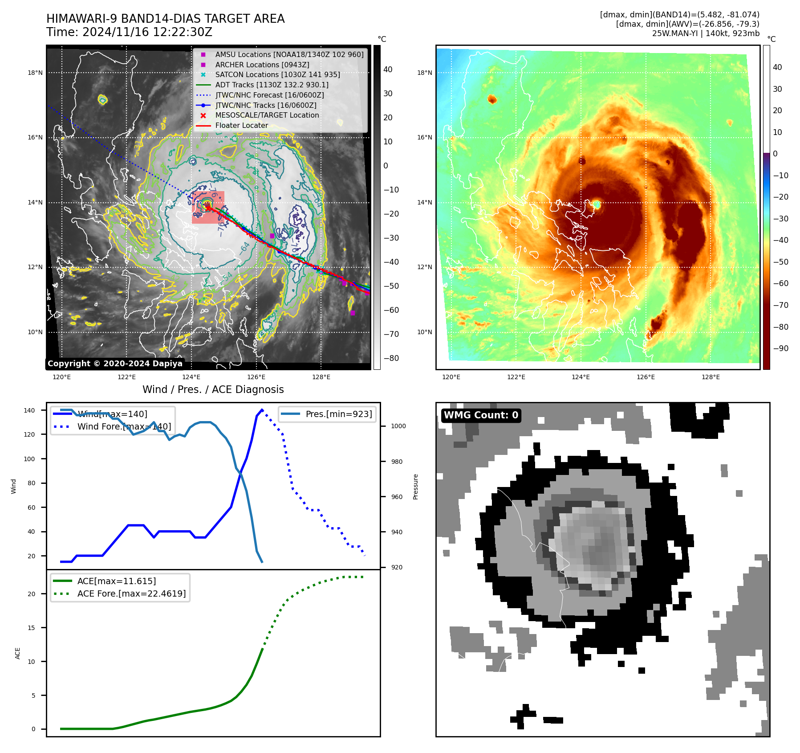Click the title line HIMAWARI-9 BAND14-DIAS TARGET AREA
pos(165,19)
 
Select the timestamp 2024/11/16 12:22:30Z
pos(147,33)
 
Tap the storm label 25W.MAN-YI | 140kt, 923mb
pos(706,33)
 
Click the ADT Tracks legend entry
pos(272,85)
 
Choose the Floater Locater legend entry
pos(241,126)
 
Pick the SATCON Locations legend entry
pos(277,74)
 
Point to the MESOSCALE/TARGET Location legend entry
pos(267,115)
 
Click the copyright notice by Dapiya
pos(115,364)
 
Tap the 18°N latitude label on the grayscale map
pos(35,73)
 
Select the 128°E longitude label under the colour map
pos(711,377)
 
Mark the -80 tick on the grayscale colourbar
pos(391,358)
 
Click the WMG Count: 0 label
pos(481,415)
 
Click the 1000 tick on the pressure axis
pos(398,426)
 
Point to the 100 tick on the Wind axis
pos(29,459)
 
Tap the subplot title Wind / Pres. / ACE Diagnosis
pos(213,389)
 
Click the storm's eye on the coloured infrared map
pos(597,205)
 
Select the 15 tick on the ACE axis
pos(32,628)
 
